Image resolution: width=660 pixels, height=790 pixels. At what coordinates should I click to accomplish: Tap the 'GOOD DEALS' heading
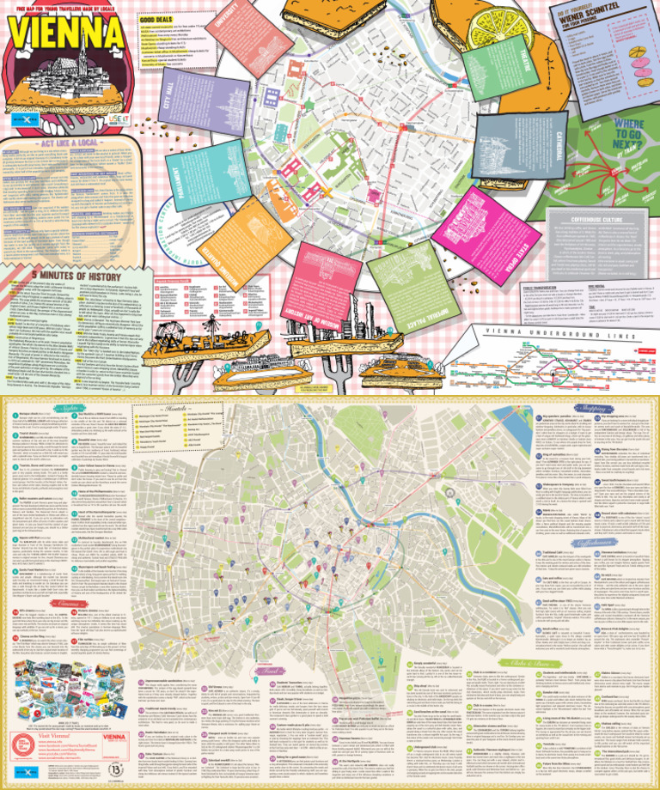pos(158,19)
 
